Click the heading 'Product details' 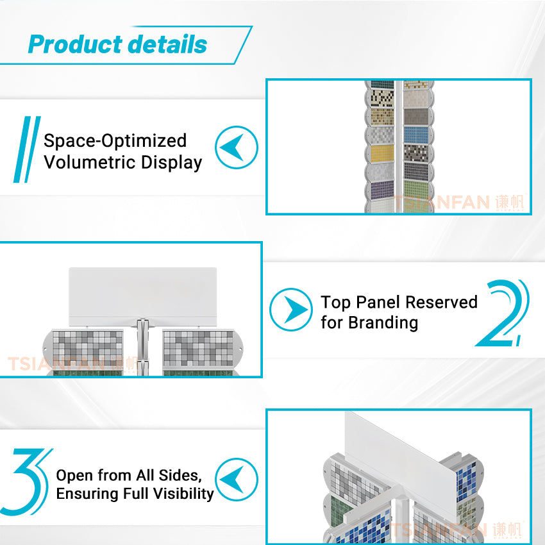(x=117, y=44)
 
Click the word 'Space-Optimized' (x=115, y=141)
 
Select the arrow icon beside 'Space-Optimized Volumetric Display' (x=236, y=147)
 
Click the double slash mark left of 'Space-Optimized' (x=26, y=149)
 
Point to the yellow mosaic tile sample (x=382, y=154)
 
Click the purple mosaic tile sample (x=382, y=189)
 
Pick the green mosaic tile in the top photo (x=415, y=189)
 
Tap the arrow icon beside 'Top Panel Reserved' (x=290, y=310)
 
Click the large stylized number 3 (x=28, y=482)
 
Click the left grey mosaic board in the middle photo (x=88, y=349)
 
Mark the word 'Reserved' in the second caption (x=442, y=302)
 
